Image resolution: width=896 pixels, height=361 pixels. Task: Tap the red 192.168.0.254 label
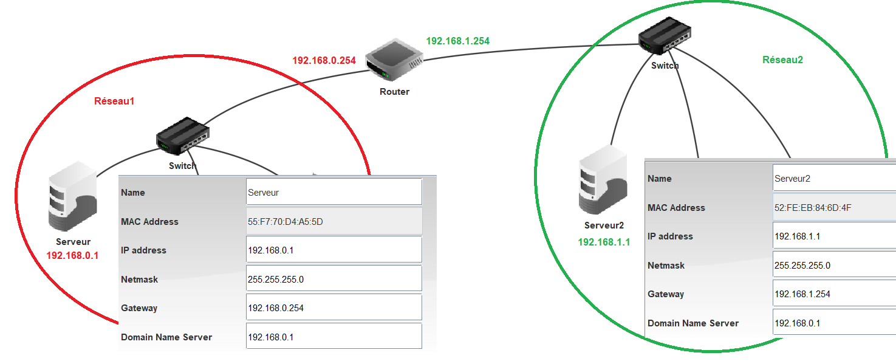[x=324, y=60]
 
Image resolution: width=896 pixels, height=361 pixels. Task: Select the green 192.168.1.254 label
[x=457, y=41]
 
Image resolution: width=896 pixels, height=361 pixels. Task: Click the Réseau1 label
[x=114, y=101]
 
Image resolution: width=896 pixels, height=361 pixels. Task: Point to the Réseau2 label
[x=782, y=60]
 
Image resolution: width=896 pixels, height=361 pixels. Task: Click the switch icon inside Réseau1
[x=183, y=135]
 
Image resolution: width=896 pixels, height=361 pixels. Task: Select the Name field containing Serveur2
[x=833, y=179]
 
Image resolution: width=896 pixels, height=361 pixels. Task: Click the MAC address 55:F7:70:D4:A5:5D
[x=333, y=221]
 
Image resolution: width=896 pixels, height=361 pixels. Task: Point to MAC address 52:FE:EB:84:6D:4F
[x=833, y=207]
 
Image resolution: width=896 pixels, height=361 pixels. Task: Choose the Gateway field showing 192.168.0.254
[x=333, y=308]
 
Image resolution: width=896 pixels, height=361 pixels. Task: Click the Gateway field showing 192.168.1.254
[x=833, y=294]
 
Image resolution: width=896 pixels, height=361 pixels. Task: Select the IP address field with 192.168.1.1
[x=833, y=236]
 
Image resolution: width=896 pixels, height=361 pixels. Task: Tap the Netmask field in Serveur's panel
[x=333, y=279]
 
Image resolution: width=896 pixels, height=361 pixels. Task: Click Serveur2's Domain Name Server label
[x=693, y=323]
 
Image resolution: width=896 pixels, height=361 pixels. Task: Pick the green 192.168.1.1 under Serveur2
[x=604, y=242]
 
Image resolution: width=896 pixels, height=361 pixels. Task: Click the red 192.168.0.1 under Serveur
[x=72, y=256]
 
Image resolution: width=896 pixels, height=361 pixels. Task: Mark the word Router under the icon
[x=394, y=92]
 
